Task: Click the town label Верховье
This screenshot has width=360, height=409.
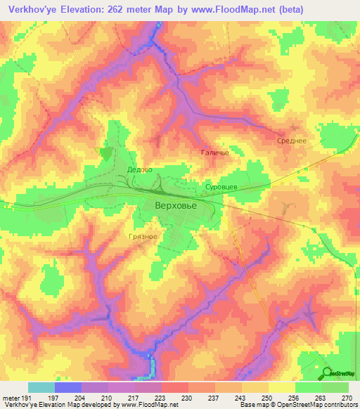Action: coord(176,206)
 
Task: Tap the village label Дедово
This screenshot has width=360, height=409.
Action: coord(140,169)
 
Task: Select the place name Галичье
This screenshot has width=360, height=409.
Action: coord(215,152)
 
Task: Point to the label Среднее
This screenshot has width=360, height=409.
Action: coord(290,141)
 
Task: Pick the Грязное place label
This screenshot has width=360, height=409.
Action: coord(143,238)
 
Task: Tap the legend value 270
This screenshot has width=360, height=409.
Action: coord(346,398)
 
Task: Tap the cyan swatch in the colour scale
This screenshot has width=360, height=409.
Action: coord(41,387)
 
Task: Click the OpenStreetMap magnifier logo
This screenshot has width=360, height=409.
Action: coord(327,373)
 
